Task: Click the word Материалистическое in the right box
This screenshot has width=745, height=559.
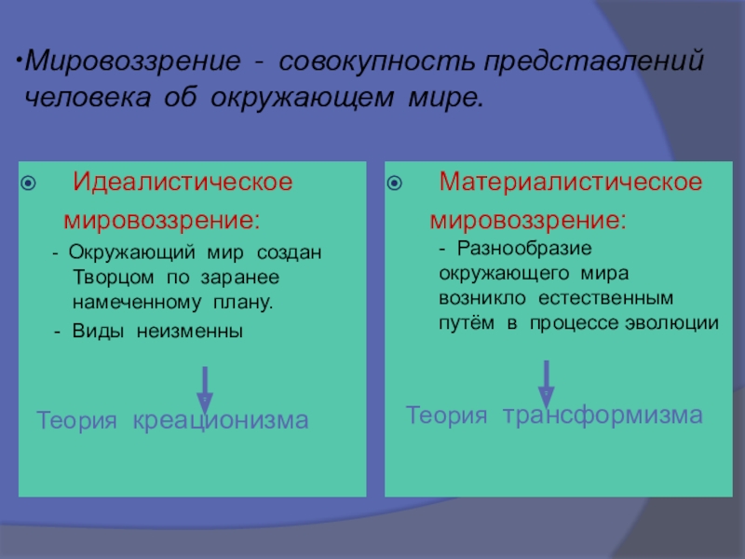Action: [x=571, y=180]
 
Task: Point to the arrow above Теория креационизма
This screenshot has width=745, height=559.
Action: [x=206, y=389]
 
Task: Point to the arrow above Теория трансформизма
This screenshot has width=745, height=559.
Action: [x=547, y=382]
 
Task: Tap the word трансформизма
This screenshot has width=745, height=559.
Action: [x=603, y=416]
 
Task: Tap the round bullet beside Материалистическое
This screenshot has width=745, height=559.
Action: [x=395, y=182]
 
